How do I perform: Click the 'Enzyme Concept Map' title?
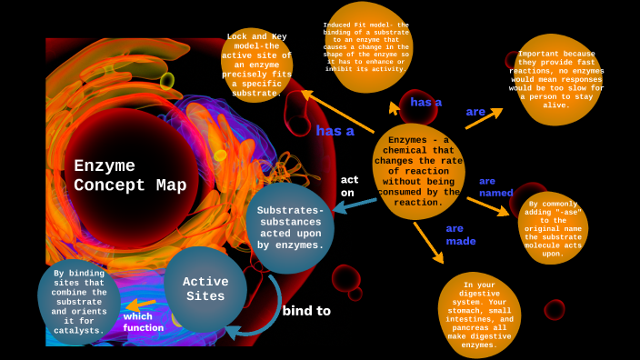[x=130, y=175]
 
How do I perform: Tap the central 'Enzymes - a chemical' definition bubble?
[x=418, y=171]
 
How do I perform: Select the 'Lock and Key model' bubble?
[x=256, y=65]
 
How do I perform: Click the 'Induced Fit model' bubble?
[x=366, y=46]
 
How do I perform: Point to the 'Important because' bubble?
[x=556, y=79]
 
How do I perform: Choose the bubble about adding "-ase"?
[x=553, y=228]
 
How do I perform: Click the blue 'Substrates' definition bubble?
[x=290, y=227]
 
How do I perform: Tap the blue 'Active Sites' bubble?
[x=205, y=289]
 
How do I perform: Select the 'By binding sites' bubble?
[x=78, y=301]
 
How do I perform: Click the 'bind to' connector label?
[x=306, y=310]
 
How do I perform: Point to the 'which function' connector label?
[x=144, y=322]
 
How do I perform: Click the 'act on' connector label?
[x=349, y=185]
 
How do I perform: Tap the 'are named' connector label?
[x=495, y=186]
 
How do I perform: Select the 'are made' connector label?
[x=460, y=235]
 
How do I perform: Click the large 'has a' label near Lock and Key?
[x=335, y=131]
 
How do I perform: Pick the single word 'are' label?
[x=475, y=112]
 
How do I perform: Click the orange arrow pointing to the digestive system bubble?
[x=428, y=243]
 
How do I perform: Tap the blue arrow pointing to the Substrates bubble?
[x=355, y=205]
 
